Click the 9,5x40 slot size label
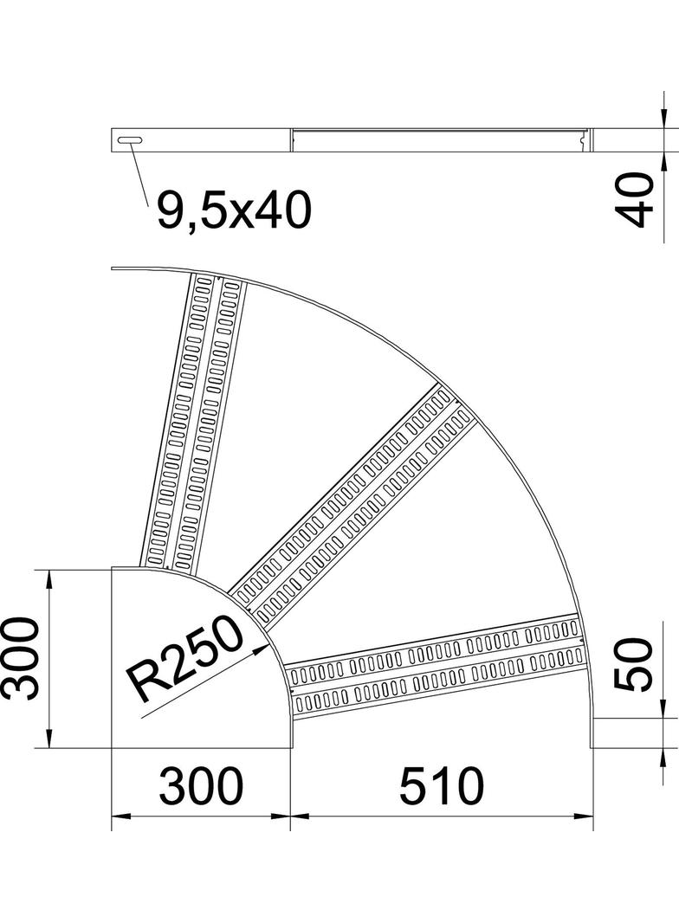tap(233, 211)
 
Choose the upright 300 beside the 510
tap(201, 787)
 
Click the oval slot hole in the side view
tap(129, 139)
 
